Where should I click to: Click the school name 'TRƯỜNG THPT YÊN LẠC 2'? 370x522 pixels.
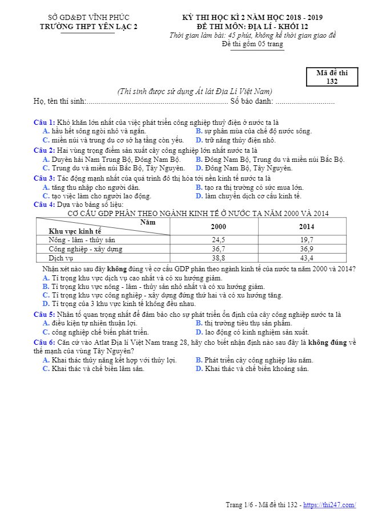pos(89,26)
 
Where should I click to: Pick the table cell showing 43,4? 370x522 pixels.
pos(306,258)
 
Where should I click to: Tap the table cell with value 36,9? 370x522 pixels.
pos(306,249)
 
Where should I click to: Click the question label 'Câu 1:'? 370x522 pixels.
pos(44,123)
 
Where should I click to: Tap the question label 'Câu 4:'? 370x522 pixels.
pos(44,205)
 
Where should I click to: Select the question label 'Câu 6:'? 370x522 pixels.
pos(44,342)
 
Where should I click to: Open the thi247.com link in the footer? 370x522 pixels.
pos(329,505)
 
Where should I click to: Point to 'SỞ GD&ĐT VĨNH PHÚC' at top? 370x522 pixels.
pos(89,18)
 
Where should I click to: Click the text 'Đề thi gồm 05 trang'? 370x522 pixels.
pos(252,44)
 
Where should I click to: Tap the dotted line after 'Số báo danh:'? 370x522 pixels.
pos(304,101)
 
